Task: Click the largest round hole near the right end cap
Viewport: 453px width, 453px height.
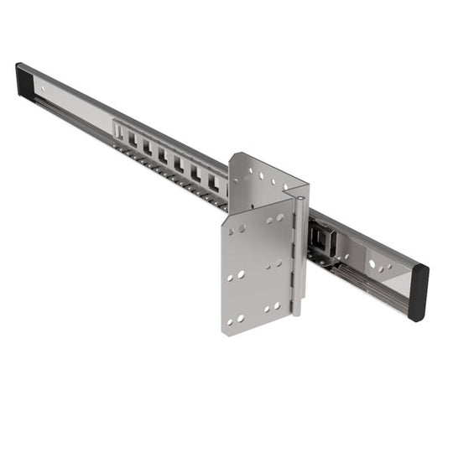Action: tap(372, 263)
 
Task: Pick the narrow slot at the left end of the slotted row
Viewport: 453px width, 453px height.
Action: tap(119, 132)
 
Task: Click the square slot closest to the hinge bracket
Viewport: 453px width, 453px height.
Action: tap(212, 180)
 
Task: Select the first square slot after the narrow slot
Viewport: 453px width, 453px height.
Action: tap(133, 138)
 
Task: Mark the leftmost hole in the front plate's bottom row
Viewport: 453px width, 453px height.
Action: tap(230, 320)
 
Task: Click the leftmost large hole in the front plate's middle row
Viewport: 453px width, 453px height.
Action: tap(231, 276)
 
